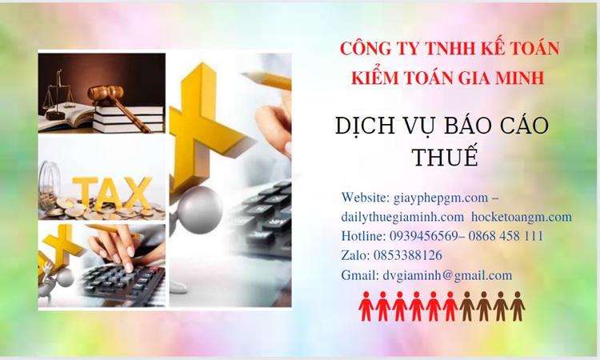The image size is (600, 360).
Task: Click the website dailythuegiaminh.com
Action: [x=402, y=217]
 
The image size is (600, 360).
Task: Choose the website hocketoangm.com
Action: [x=522, y=217]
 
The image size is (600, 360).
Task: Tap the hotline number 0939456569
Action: [x=423, y=236]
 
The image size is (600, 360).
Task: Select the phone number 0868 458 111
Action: [x=506, y=236]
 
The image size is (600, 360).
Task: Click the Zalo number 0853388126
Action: [x=408, y=255]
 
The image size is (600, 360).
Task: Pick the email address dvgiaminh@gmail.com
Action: [x=447, y=275]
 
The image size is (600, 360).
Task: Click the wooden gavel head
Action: [x=106, y=93]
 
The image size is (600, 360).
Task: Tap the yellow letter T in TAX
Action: [x=85, y=191]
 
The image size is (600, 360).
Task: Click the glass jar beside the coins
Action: [x=49, y=185]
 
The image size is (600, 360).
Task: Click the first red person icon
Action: [x=366, y=306]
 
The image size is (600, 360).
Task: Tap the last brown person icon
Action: [x=518, y=306]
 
